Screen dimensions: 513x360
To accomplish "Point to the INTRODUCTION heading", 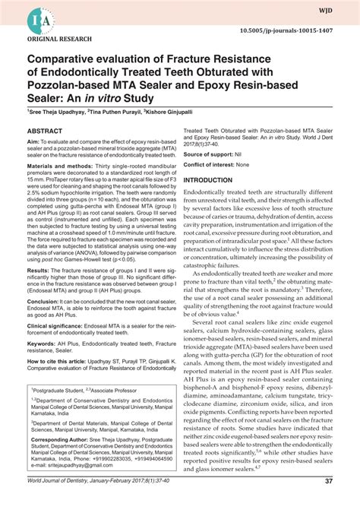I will click(x=213, y=180).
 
